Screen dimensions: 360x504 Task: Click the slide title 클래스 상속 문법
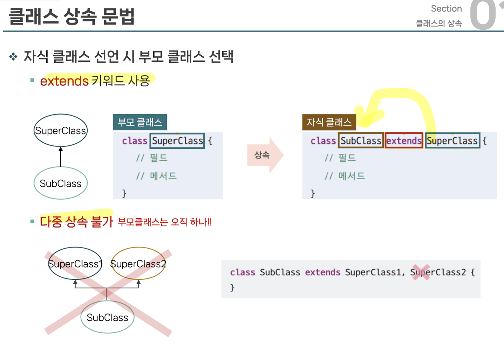point(71,16)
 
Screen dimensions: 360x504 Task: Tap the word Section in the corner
point(446,8)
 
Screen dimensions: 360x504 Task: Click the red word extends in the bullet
point(64,81)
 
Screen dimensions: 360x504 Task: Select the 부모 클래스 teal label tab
point(140,122)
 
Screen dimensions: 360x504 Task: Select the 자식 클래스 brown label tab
point(329,122)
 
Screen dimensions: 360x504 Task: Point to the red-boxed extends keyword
point(404,141)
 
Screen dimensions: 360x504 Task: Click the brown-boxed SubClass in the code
point(361,141)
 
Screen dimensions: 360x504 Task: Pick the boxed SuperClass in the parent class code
point(177,141)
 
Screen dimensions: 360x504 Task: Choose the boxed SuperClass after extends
point(452,141)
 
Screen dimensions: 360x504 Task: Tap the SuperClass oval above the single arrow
point(61,131)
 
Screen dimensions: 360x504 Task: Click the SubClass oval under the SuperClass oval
point(61,183)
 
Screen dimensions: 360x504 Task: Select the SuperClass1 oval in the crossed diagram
point(75,264)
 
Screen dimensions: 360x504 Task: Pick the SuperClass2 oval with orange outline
point(138,264)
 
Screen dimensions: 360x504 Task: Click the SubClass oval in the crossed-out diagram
point(107,317)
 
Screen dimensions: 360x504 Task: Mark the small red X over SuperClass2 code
point(421,272)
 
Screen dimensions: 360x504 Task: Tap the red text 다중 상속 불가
point(76,222)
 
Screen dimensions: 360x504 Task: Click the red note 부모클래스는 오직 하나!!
point(165,222)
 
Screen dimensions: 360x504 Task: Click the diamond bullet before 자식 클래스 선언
point(13,56)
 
